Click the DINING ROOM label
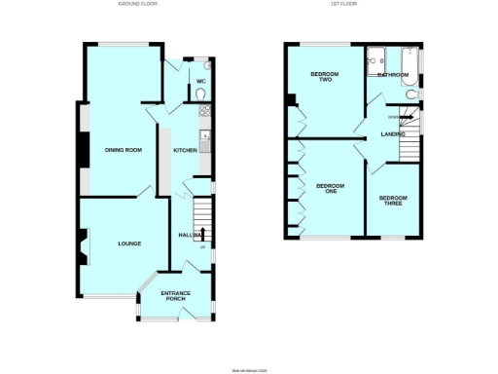[124, 150]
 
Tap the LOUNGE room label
[130, 244]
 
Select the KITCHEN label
[185, 151]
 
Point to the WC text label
[200, 81]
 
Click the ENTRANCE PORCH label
[175, 295]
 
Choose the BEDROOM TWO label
[322, 78]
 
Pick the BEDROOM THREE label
[393, 201]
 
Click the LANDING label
[392, 134]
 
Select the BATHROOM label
[393, 74]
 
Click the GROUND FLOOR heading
[137, 5]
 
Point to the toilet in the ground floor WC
[200, 94]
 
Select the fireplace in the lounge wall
[81, 247]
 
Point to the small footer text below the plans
[248, 369]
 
